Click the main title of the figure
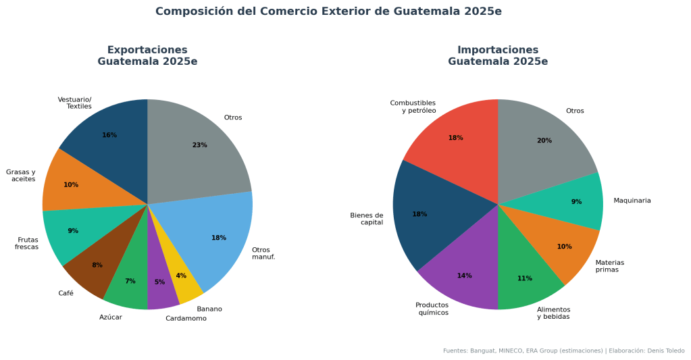coord(328,11)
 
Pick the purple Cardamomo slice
coord(161,287)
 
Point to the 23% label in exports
coord(199,145)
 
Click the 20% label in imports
coord(544,140)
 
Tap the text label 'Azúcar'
coord(111,317)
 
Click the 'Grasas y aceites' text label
coord(21,176)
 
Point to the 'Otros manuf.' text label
coord(263,253)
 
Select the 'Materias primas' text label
coord(609,266)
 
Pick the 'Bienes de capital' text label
coord(367,219)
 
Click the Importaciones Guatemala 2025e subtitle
coord(498,55)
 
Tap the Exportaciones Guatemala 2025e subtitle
coord(147,55)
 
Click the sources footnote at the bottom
coord(563,351)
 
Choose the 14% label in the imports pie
coord(464,276)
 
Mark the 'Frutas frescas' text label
coord(27,243)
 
